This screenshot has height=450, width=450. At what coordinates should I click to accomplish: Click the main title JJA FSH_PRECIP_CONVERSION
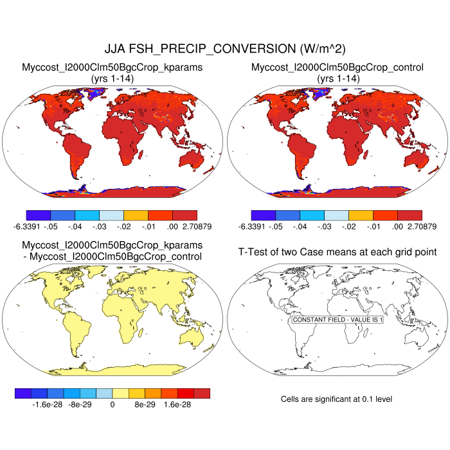click(224, 49)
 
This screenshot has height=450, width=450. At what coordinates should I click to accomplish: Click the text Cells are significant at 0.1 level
click(336, 399)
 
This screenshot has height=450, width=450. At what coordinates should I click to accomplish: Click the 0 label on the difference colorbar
click(113, 405)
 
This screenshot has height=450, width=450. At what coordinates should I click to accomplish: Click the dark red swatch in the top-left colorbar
click(184, 215)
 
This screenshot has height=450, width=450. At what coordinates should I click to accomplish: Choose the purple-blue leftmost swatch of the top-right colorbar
click(264, 215)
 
